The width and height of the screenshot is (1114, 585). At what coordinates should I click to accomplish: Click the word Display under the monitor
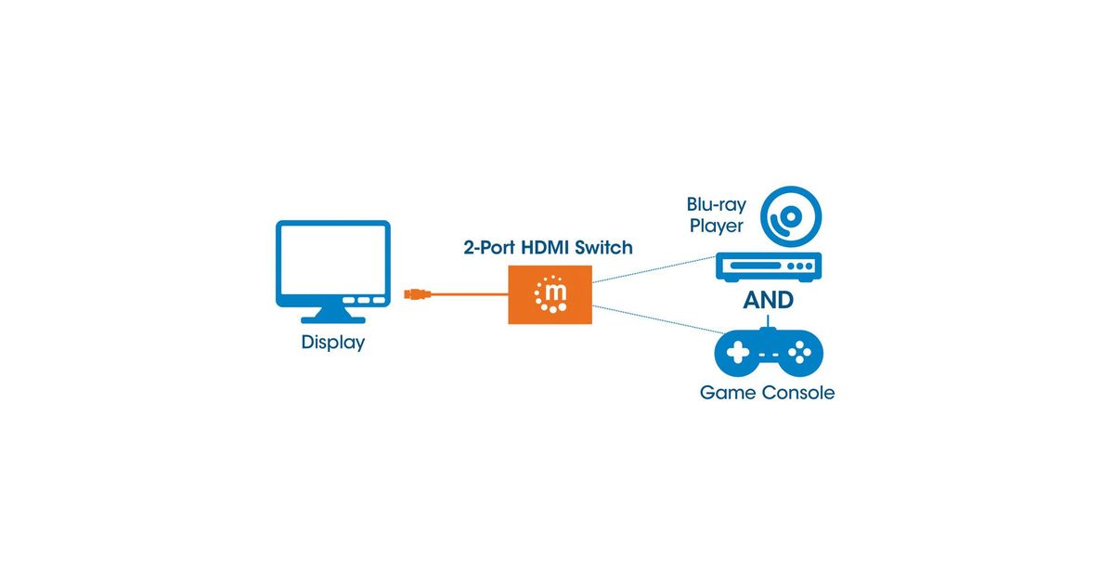tap(333, 343)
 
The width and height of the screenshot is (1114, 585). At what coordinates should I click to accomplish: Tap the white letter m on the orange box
tap(551, 295)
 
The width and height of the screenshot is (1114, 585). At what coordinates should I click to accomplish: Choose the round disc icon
tap(791, 218)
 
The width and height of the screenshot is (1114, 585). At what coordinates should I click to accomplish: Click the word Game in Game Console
tap(728, 393)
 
